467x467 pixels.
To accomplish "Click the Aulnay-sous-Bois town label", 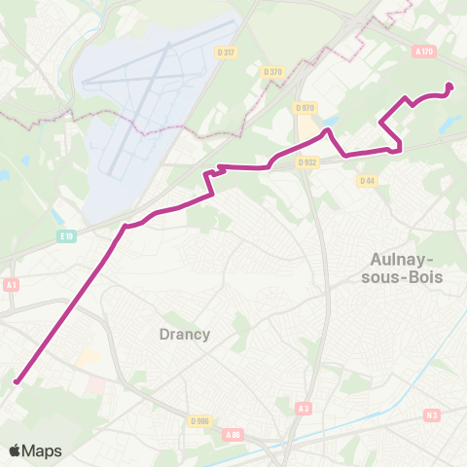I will click(407, 268).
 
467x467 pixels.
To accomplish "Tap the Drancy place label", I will click(184, 334).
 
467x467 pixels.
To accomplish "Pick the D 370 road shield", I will click(272, 71).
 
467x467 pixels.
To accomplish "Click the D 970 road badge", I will click(305, 108).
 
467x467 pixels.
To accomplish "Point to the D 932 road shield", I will click(307, 162).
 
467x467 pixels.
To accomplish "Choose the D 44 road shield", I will click(367, 180).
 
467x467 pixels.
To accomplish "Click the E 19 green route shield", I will click(66, 235).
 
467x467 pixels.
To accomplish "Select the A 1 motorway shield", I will click(12, 284).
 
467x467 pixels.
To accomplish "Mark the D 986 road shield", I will click(200, 420).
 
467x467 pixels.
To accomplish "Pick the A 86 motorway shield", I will click(233, 434).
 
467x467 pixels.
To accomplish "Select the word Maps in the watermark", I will click(43, 450).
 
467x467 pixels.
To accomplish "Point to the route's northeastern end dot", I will click(449, 87).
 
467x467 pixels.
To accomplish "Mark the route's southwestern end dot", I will click(17, 382).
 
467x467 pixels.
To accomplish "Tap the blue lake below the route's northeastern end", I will click(449, 121).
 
